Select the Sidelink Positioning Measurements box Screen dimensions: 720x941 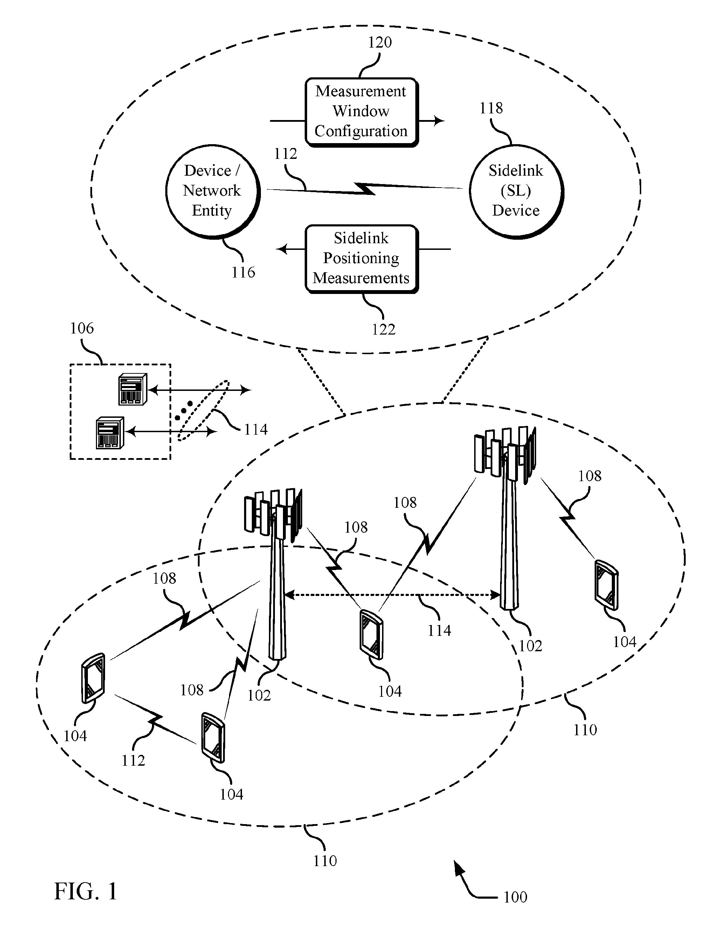tap(361, 259)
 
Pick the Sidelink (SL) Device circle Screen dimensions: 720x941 tap(517, 191)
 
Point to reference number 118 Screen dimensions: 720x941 tap(491, 108)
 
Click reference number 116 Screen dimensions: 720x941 tap(243, 272)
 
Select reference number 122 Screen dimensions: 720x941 tap(383, 329)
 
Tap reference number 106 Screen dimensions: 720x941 tap(82, 329)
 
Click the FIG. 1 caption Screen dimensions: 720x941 tap(86, 891)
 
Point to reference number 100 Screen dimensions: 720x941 tap(515, 897)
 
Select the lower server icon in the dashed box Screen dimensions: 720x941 tap(110, 433)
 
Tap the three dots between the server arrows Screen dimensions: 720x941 tap(184, 410)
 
